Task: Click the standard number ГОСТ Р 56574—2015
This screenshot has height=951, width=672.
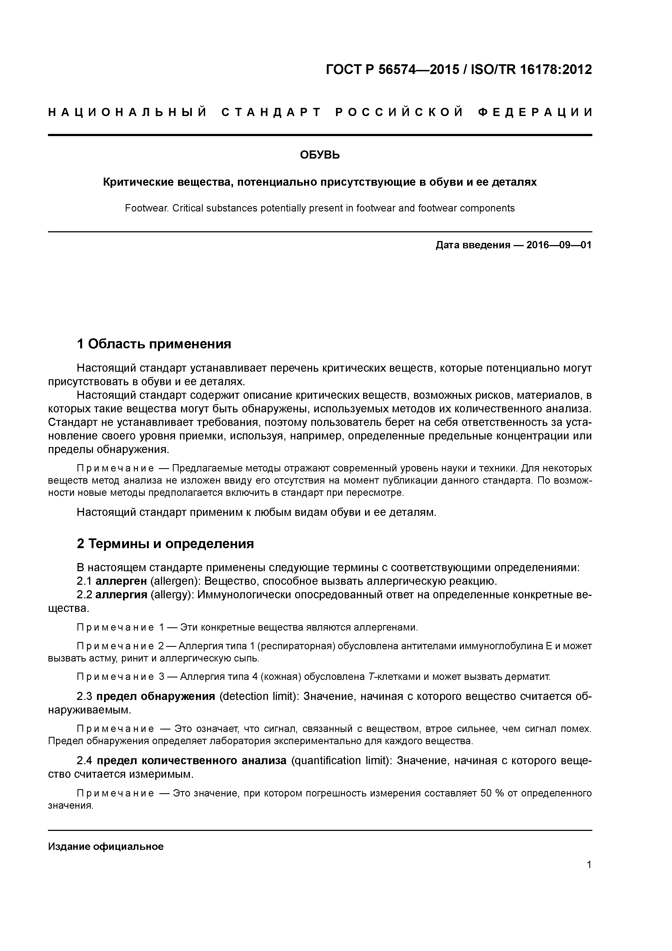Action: pos(392,70)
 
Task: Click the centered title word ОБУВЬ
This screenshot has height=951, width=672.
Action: pos(320,155)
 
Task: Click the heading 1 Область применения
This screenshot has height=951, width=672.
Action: pos(154,344)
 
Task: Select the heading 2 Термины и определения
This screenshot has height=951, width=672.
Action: pos(165,544)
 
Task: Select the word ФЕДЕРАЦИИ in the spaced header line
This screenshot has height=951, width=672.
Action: pos(535,113)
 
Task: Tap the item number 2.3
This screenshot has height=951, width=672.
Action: pos(85,696)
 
